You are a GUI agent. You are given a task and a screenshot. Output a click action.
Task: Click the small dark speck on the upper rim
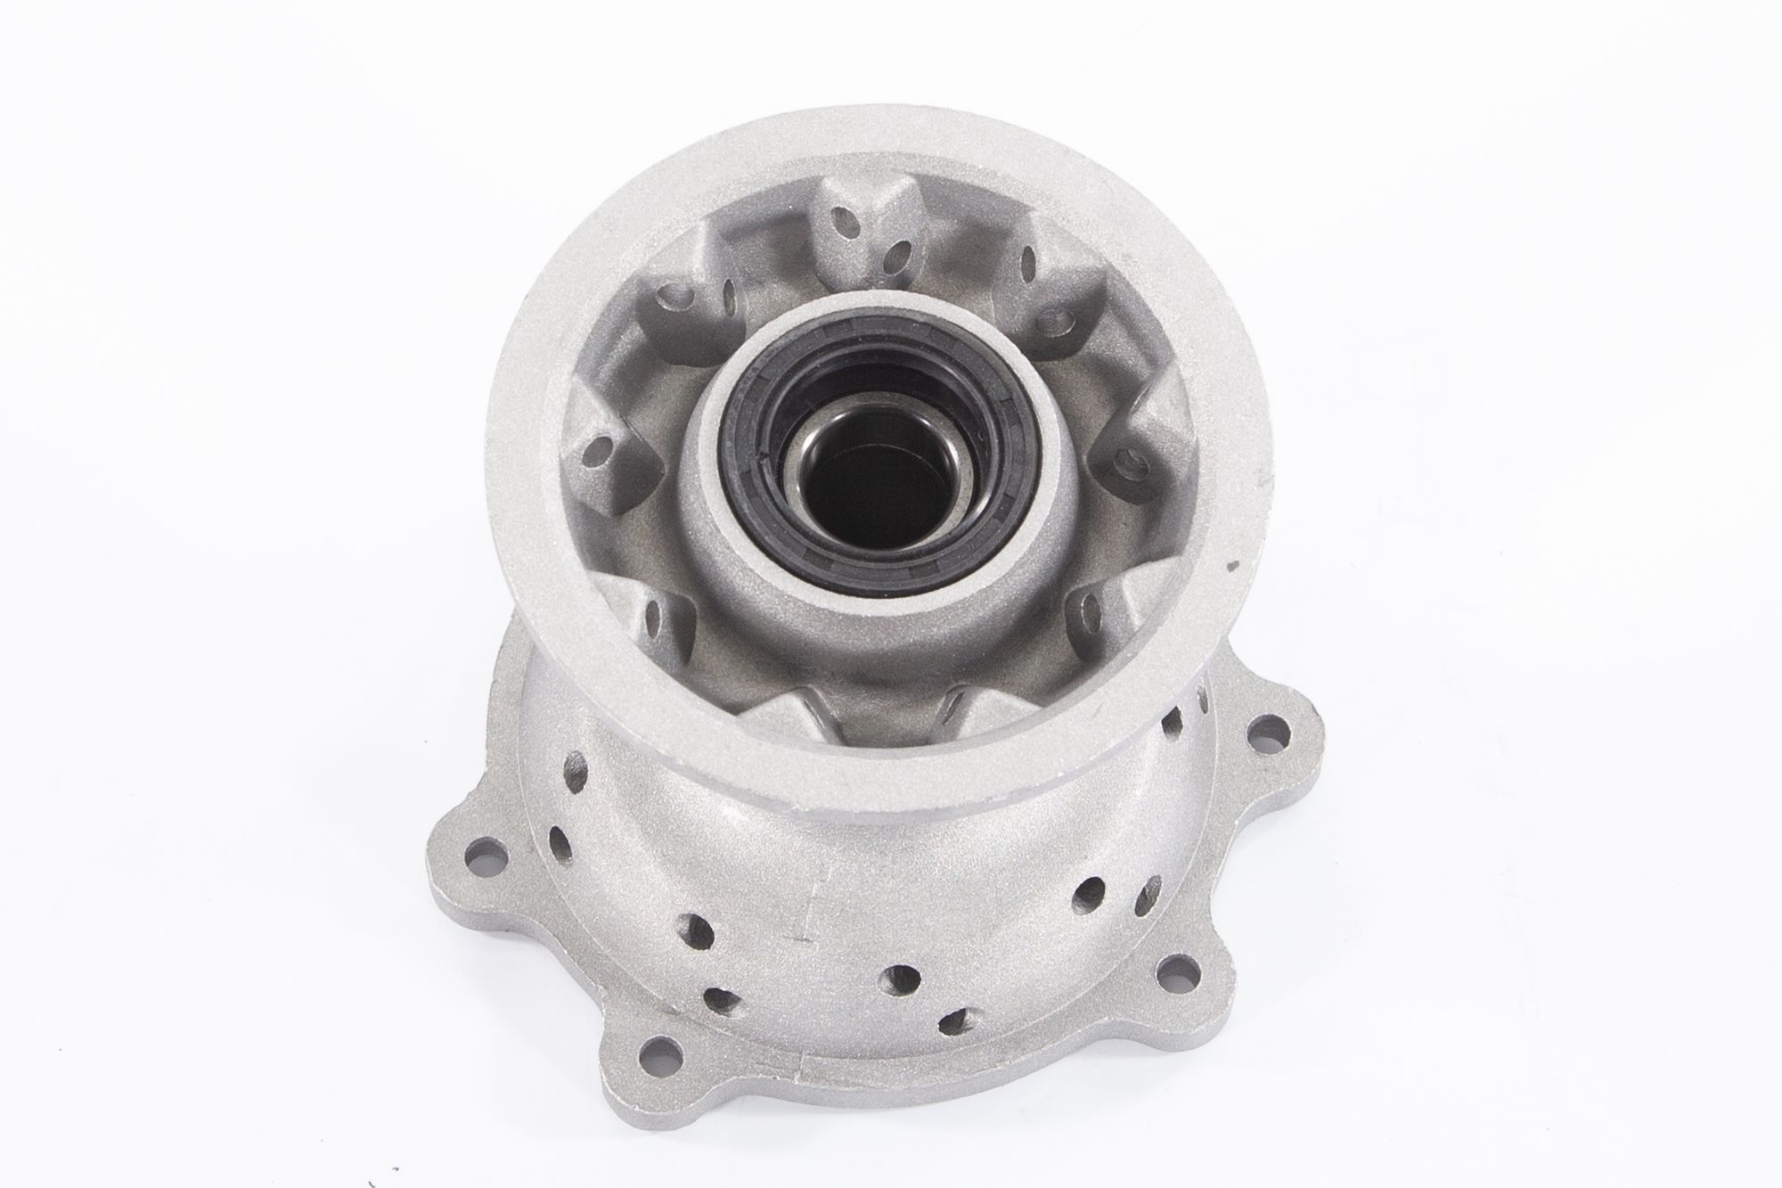pos(1233,565)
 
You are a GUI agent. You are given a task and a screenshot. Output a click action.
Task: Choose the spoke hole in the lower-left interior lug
pos(659,614)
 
